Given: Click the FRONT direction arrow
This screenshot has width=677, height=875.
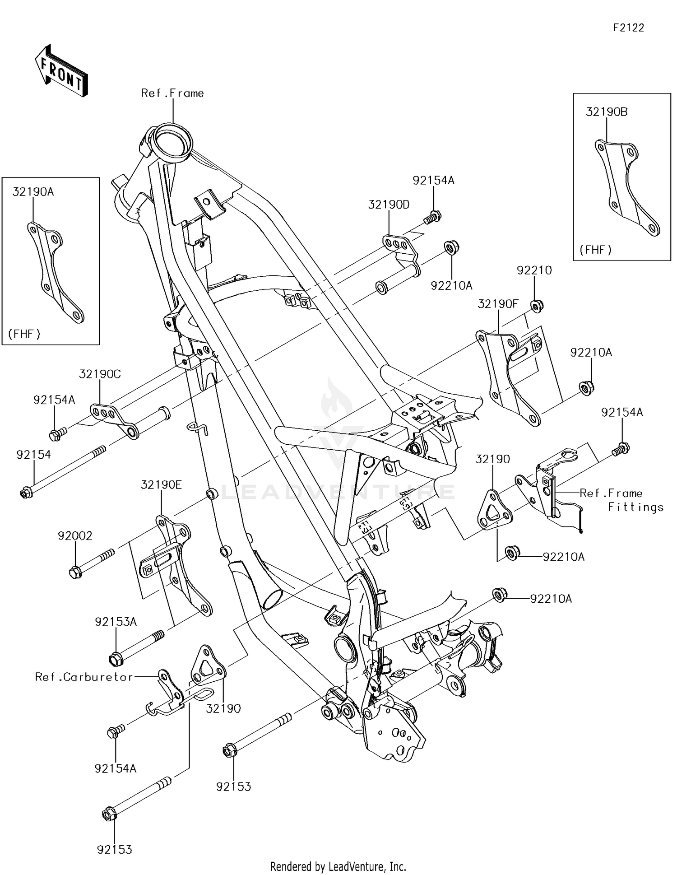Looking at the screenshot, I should (61, 71).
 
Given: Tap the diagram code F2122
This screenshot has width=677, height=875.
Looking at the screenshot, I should (628, 28).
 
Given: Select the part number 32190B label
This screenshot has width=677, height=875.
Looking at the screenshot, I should (606, 112).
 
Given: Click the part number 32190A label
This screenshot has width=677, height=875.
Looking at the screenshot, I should (33, 192).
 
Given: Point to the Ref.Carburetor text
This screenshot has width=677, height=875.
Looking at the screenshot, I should (84, 677).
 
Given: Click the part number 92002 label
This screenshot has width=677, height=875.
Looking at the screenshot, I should (75, 536).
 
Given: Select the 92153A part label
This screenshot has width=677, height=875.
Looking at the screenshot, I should (116, 622).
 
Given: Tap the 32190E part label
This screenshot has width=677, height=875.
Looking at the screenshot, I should (161, 485).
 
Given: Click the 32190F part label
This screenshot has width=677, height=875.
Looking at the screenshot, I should (498, 304).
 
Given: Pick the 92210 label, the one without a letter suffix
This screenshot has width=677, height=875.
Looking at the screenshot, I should (534, 270).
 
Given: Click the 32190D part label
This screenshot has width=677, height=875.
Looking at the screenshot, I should (389, 205).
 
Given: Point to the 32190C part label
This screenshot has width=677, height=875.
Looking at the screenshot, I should (100, 374).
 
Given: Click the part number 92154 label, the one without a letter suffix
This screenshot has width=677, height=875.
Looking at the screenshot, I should (33, 455).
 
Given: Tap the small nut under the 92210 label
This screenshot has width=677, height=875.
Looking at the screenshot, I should (536, 307).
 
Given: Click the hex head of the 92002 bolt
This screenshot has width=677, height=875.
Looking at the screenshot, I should (75, 573).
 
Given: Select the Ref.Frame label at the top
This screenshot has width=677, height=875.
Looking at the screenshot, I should (172, 93).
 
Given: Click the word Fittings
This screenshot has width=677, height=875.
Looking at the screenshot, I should (635, 507).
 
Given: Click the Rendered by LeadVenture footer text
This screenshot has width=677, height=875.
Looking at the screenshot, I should (338, 866).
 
